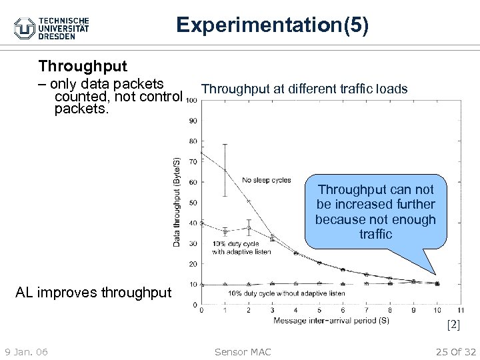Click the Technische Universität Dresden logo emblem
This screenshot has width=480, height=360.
pos(25,27)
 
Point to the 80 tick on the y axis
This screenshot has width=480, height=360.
pos(193,141)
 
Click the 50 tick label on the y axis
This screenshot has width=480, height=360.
pos(193,203)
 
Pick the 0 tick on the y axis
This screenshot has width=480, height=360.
pos(195,305)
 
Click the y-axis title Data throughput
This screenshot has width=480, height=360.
pos(177,201)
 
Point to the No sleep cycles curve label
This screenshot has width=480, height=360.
pos(267,180)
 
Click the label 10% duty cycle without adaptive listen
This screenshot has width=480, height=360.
pos(287,293)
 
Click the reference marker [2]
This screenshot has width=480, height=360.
pos(453,325)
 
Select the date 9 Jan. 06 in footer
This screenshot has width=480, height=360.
pos(25,351)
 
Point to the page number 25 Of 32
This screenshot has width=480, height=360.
pos(455,351)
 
